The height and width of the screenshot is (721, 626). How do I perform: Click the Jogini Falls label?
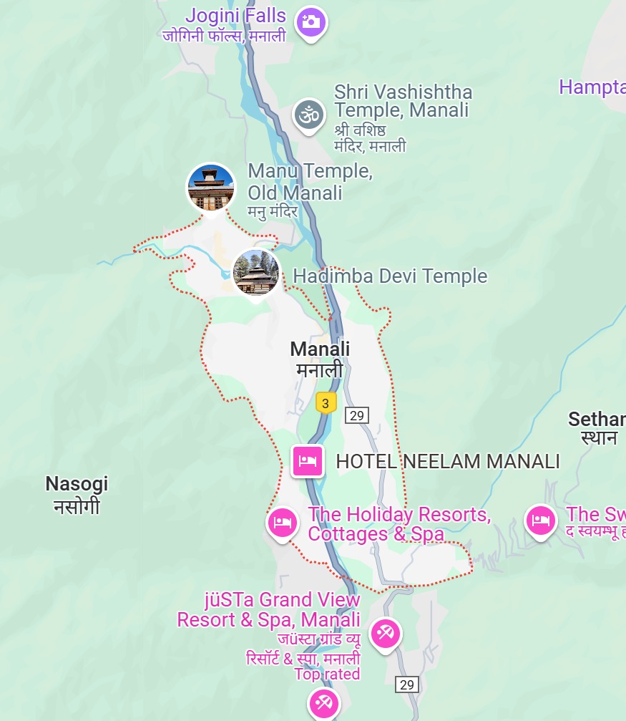coord(235,16)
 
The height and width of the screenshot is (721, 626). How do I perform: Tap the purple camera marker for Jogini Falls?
coord(310,21)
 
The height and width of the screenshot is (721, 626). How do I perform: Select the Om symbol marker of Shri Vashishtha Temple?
coord(308,115)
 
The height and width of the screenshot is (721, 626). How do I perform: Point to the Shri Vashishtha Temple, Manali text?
coord(403,101)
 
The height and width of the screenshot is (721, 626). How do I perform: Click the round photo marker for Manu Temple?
coord(211,188)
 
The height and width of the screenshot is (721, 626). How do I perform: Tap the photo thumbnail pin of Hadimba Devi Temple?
coord(256,273)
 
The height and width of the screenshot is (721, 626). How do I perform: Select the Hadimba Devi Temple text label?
coord(390,276)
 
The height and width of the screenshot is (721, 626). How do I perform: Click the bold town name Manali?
coord(320,349)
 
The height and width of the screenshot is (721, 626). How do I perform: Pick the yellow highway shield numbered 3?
coord(326,403)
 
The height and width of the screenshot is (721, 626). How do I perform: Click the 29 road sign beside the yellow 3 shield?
coord(356,415)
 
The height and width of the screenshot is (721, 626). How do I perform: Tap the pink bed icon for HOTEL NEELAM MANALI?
coord(308,460)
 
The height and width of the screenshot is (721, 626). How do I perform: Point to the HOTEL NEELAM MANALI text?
coord(448,462)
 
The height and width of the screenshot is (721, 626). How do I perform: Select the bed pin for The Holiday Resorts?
coord(282,523)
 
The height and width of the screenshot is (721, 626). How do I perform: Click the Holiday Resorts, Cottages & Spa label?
coord(398,524)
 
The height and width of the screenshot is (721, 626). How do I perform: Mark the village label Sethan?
coord(597,420)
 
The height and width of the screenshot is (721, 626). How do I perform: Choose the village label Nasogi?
coord(77,484)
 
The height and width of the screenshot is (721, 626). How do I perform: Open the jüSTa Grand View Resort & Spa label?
coord(269,609)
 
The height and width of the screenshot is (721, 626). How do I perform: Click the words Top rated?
coord(327,674)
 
